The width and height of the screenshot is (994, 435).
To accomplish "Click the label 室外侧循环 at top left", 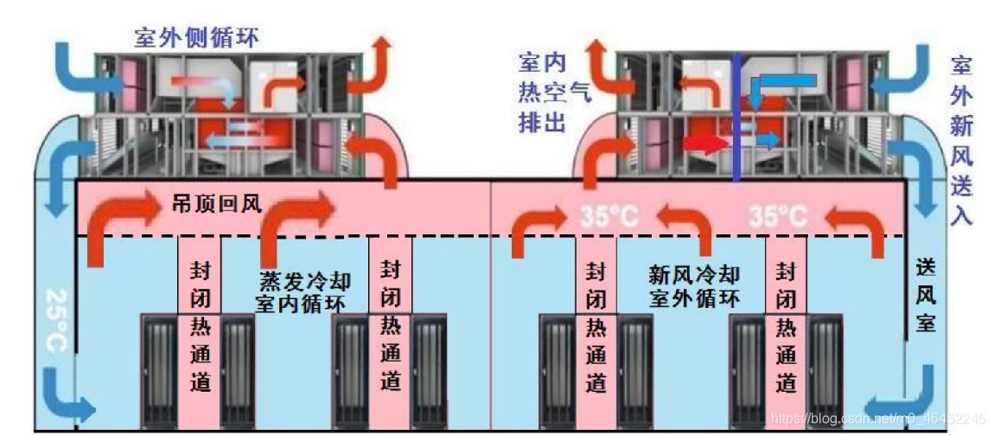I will (196, 37).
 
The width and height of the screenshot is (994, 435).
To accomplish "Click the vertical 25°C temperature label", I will (54, 320).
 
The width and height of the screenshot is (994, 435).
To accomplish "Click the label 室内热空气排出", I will (542, 91).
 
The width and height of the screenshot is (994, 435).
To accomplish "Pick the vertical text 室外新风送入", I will (960, 138).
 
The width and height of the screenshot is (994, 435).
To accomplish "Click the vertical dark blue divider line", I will (736, 117).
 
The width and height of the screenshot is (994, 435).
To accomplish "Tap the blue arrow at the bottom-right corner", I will (908, 398).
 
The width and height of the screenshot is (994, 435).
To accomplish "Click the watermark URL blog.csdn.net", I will (876, 419).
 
